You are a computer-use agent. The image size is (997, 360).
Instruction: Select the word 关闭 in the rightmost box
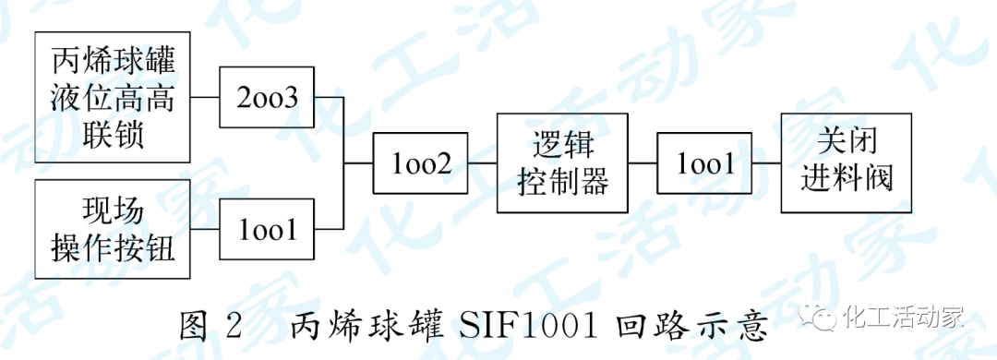pyautogui.click(x=847, y=142)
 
